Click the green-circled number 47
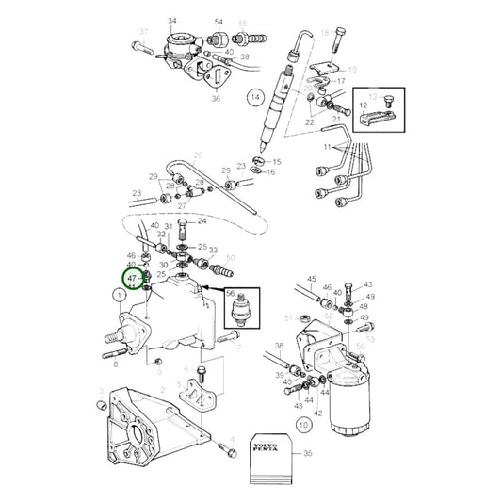coord(132,279)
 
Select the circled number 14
coord(253,96)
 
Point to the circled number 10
coord(302,425)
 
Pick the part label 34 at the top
coord(172,21)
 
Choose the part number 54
coord(219,21)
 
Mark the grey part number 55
coord(243,21)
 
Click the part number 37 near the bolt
coord(143,32)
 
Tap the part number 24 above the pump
coord(201,221)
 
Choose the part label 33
coord(213,251)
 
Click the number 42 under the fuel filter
coord(316,413)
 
